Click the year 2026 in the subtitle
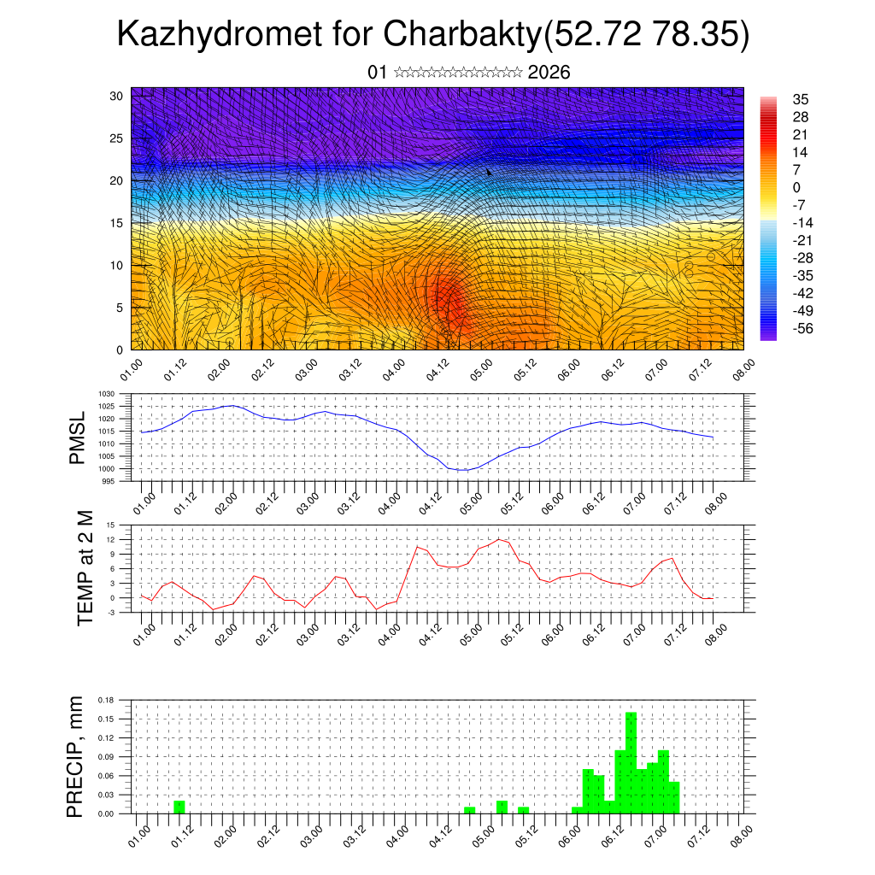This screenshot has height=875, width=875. click(549, 73)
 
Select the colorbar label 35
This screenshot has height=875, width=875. click(801, 99)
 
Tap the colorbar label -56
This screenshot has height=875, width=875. click(803, 328)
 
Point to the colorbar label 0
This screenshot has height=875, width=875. click(796, 187)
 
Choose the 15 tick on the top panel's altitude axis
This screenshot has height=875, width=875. click(117, 223)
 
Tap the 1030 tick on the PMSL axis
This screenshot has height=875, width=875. click(106, 394)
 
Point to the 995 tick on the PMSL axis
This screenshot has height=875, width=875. click(108, 481)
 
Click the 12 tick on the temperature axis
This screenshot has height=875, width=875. click(110, 540)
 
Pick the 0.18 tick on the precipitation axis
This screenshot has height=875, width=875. click(106, 699)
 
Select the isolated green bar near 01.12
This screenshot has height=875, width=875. click(179, 807)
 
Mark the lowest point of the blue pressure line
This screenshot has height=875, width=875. click(461, 470)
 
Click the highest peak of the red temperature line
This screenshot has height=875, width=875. click(500, 539)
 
